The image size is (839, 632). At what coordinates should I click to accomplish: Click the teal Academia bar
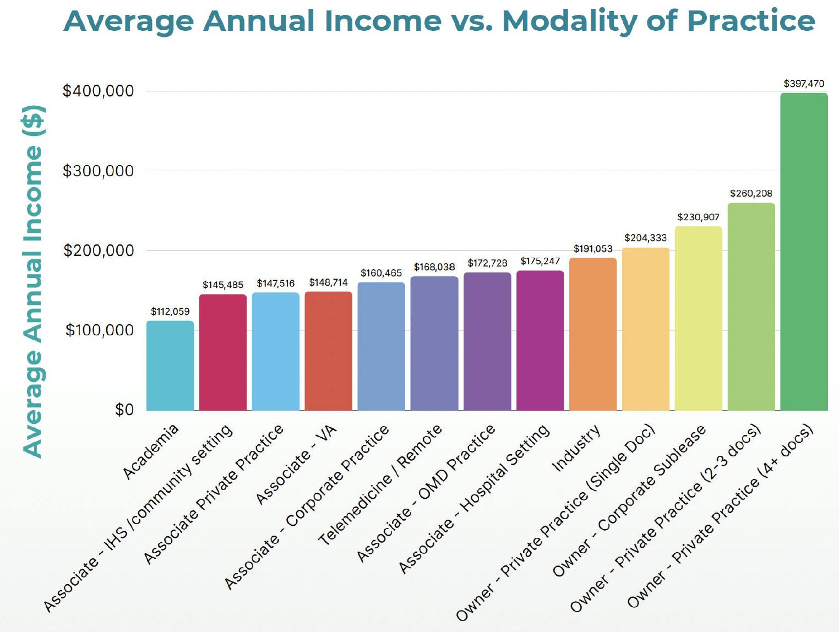pos(170,366)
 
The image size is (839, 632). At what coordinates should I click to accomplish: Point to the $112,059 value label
pos(170,312)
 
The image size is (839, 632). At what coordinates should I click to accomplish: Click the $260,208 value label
pos(751,193)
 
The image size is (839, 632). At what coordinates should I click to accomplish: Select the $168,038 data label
pos(434,267)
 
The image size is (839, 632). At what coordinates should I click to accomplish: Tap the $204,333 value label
pos(645,238)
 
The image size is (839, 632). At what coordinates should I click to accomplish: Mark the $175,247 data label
pos(540,261)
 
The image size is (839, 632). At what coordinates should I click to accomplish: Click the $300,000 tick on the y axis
pos(99,171)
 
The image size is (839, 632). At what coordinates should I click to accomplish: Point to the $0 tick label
pos(124,410)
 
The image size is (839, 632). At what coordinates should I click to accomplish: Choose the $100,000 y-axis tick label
pos(100,330)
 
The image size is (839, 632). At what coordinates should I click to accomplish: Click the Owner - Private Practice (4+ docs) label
pos(721,515)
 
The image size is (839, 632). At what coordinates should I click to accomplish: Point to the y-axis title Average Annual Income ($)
pos(33,281)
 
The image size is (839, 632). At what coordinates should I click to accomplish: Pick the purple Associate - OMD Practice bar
pos(487,341)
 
